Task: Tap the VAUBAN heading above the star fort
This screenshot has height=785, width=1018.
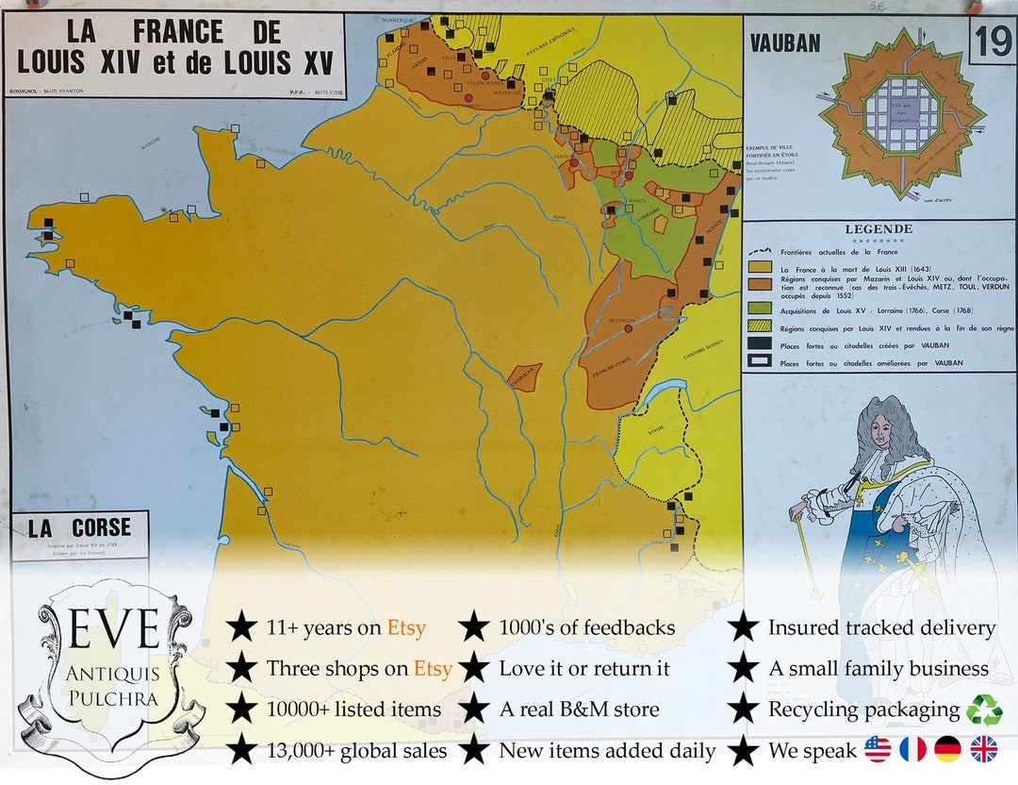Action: (784, 43)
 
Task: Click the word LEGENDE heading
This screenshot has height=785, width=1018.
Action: (878, 229)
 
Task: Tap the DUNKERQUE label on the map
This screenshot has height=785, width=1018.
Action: (398, 20)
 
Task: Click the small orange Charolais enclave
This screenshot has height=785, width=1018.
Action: (524, 377)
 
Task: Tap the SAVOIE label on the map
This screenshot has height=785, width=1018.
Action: (656, 430)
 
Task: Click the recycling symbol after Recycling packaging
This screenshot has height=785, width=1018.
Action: (984, 710)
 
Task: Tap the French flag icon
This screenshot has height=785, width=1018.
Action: (912, 750)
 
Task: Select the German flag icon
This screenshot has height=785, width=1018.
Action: (947, 750)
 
